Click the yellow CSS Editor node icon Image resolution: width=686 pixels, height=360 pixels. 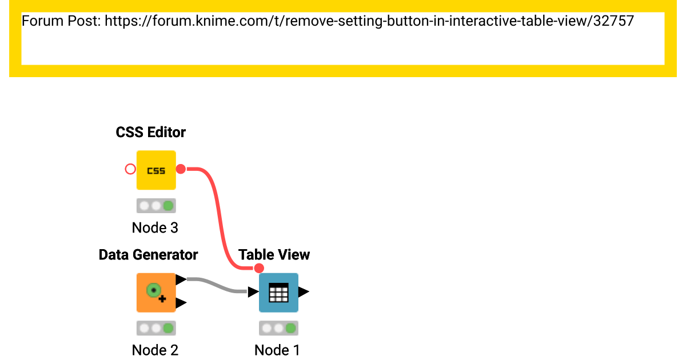click(x=156, y=170)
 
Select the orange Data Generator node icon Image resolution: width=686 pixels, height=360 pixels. click(x=156, y=293)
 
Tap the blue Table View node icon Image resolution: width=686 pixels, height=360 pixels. click(x=278, y=293)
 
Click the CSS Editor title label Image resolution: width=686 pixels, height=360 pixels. click(x=151, y=132)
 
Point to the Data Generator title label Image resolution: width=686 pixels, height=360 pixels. click(x=148, y=254)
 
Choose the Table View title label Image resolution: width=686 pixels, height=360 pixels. click(x=274, y=254)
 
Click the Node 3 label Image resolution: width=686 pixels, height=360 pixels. click(x=155, y=227)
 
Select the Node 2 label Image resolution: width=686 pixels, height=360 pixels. click(x=155, y=350)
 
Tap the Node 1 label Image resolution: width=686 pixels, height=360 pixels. click(x=277, y=350)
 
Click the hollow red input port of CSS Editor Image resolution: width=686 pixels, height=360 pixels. click(x=130, y=169)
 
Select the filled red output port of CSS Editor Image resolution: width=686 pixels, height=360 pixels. click(x=181, y=169)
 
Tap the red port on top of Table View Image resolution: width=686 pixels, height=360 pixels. click(x=259, y=268)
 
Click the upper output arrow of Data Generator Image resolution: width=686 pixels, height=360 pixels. click(x=181, y=279)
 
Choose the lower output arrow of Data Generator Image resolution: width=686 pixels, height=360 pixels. click(x=181, y=303)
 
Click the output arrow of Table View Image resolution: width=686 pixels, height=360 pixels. click(x=304, y=292)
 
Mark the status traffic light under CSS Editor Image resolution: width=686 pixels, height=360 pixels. click(x=156, y=206)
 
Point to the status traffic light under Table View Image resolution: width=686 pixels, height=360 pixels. click(x=278, y=328)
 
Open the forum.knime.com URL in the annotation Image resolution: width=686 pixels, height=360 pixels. click(x=369, y=22)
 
